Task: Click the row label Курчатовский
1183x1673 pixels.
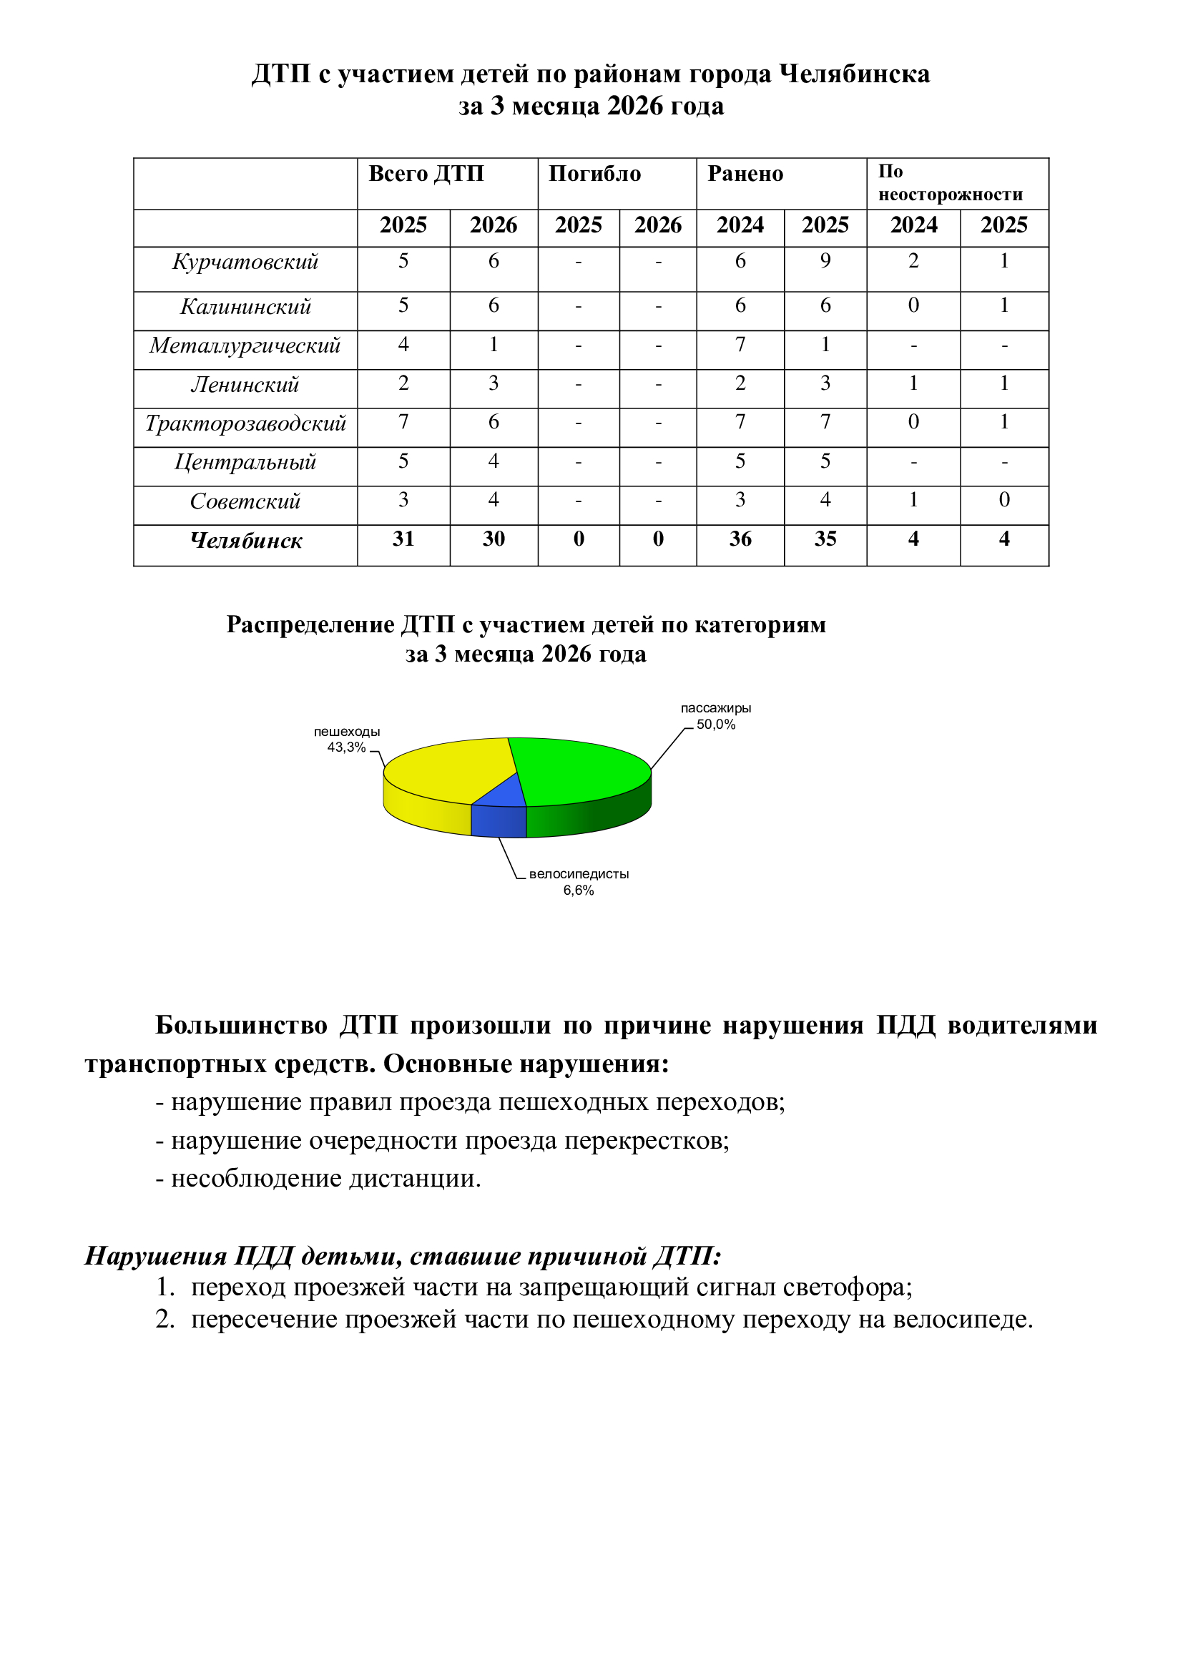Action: [245, 263]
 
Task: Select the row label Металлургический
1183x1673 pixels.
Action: [245, 345]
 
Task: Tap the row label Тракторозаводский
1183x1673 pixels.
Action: [245, 423]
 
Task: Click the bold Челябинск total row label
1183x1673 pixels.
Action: [245, 541]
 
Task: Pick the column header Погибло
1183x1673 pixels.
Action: [594, 174]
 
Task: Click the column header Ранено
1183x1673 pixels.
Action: [745, 174]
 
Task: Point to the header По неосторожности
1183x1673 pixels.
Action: [950, 183]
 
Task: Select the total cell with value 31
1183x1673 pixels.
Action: [403, 539]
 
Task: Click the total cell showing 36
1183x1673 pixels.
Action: [740, 539]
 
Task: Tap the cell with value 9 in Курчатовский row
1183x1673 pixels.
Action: [825, 261]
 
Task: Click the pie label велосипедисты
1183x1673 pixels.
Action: [579, 873]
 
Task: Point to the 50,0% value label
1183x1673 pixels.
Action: [716, 725]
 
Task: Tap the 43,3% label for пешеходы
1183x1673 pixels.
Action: [346, 747]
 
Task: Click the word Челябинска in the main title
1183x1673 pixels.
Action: [855, 74]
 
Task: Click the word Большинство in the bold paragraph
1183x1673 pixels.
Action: [241, 1025]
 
